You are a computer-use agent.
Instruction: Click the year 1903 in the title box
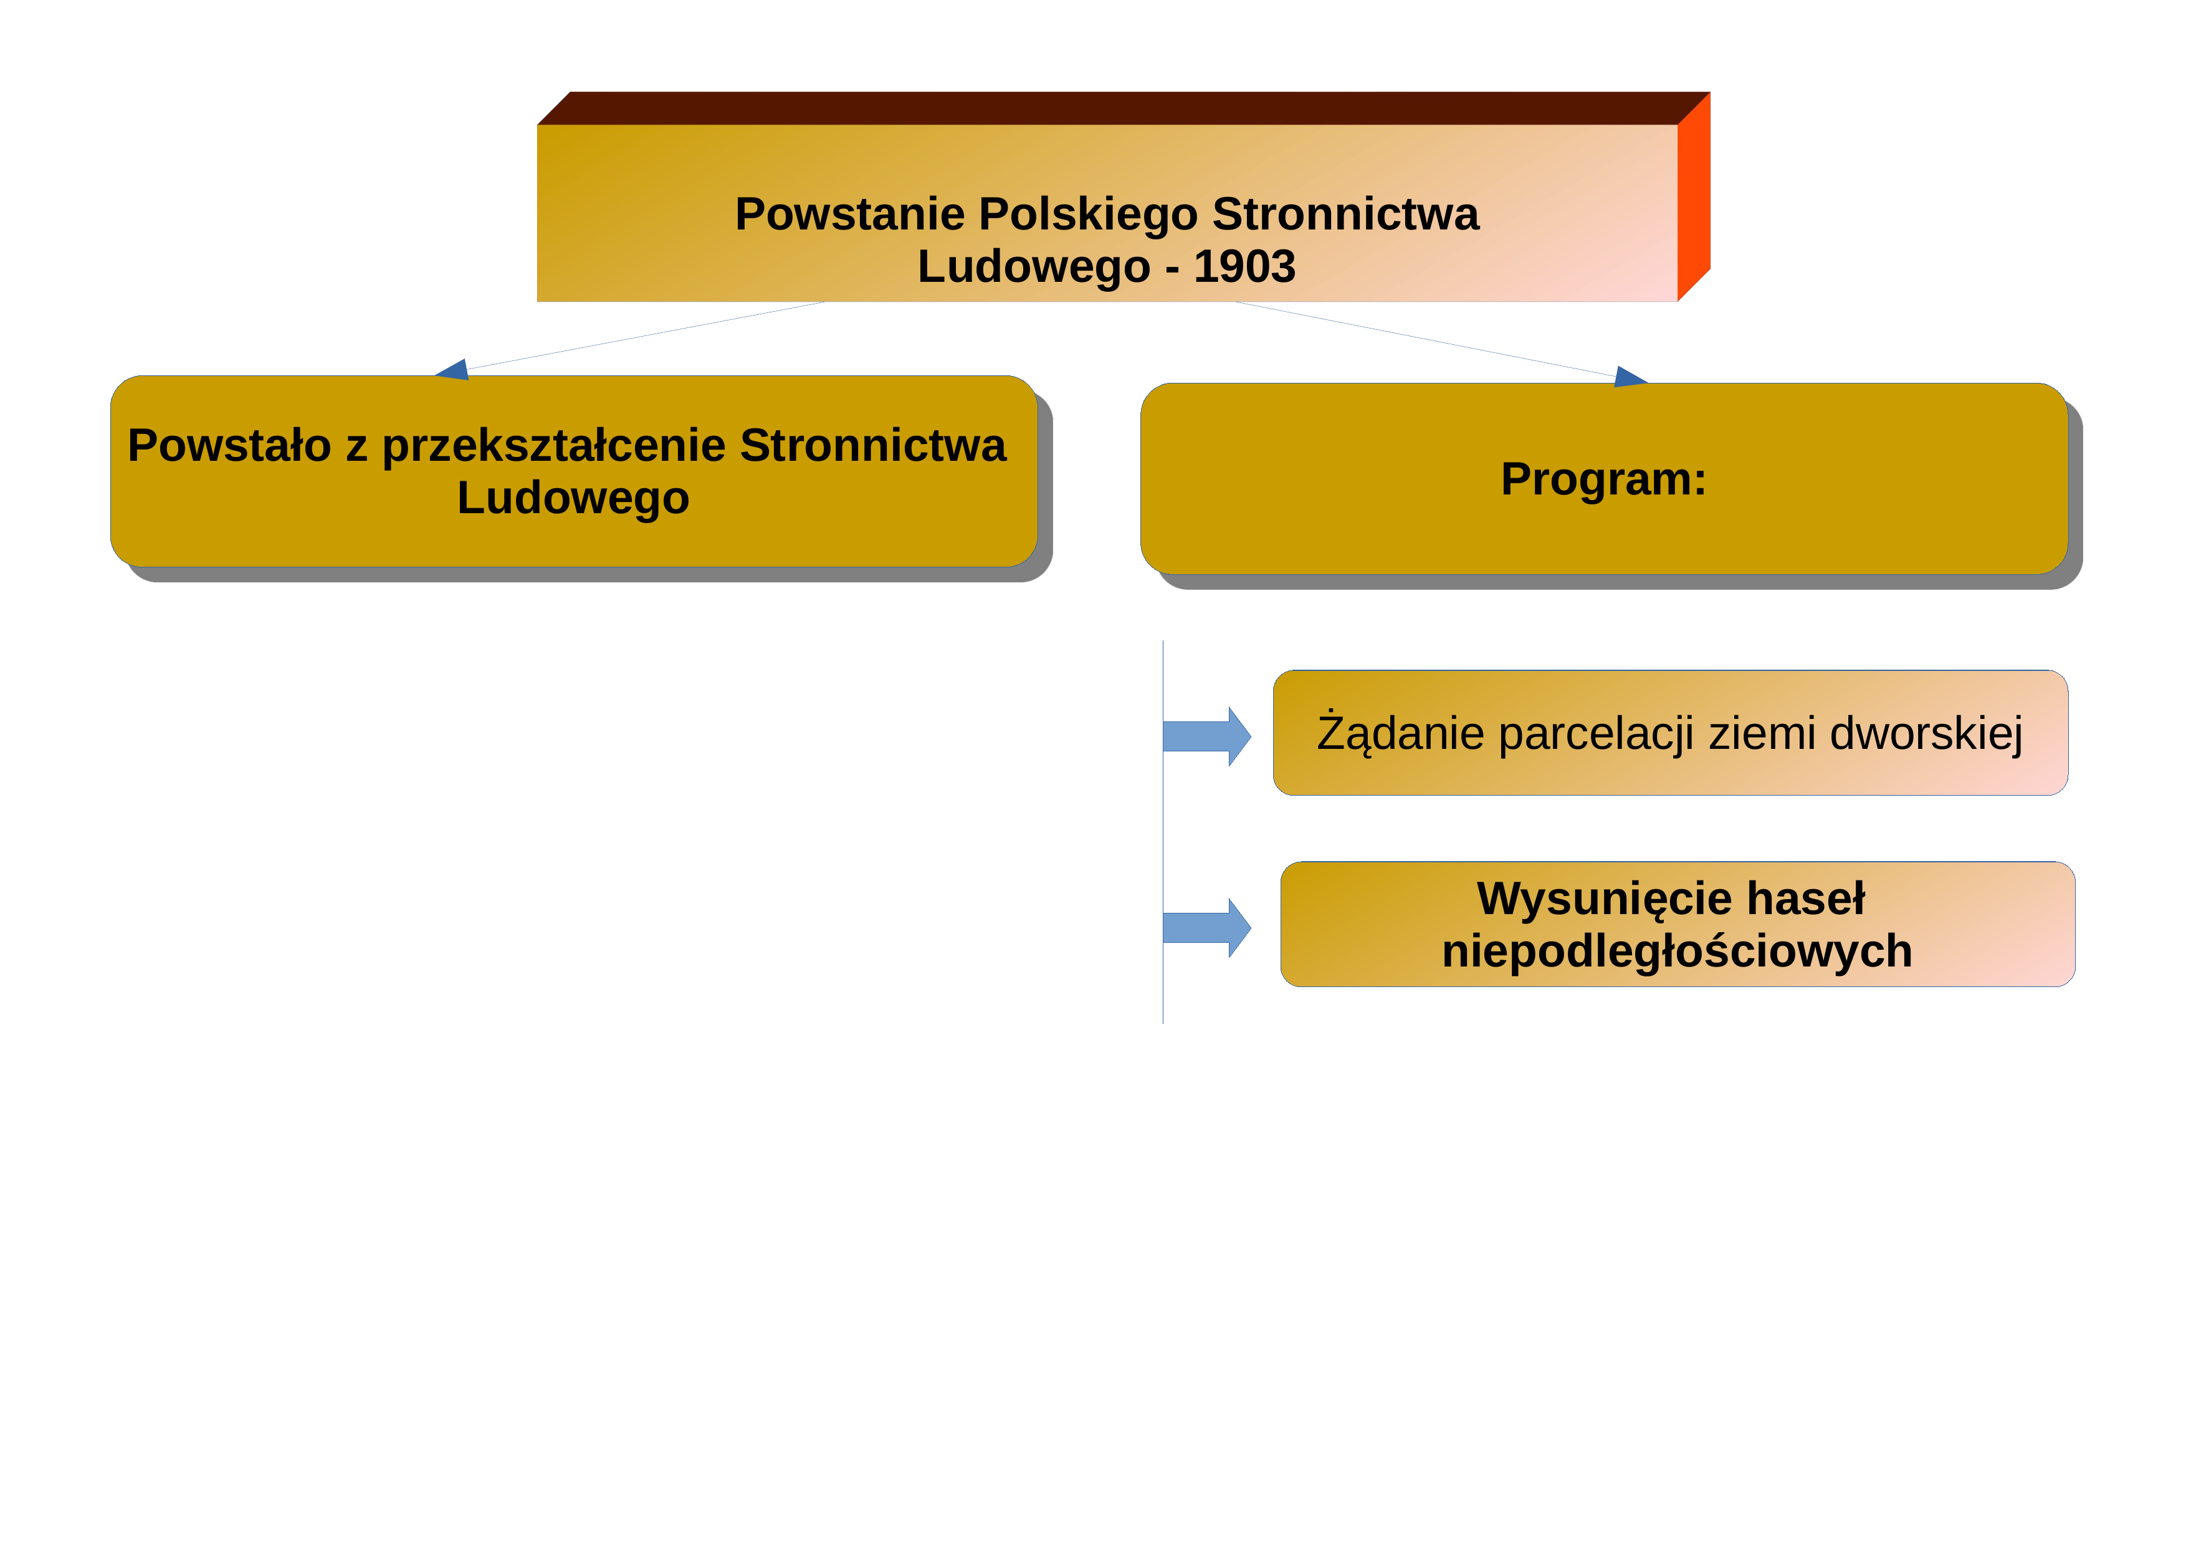(1244, 267)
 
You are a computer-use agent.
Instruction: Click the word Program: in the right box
(1603, 479)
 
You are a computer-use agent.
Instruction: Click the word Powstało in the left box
(229, 446)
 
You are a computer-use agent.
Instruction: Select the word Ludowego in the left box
(573, 498)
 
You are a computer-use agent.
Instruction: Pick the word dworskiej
(1926, 735)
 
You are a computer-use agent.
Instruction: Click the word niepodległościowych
(1677, 952)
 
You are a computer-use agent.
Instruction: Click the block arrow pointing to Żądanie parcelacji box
(1206, 736)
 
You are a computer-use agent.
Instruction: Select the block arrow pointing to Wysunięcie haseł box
(1206, 928)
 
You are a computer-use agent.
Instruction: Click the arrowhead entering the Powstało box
(452, 370)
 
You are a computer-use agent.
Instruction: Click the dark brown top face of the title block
(1124, 108)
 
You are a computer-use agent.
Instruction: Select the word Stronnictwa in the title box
(1345, 214)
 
